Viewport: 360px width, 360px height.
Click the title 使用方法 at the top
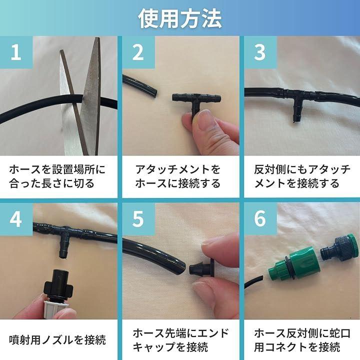(x=180, y=18)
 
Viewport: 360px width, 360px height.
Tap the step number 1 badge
(x=16, y=52)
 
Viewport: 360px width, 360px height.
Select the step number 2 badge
(x=138, y=52)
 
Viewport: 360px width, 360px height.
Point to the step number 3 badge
(x=260, y=52)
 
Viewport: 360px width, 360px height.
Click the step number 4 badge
(x=16, y=219)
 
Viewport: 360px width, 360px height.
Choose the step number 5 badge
(x=138, y=219)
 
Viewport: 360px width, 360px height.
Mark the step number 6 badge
(x=260, y=219)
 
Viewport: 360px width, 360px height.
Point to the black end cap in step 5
(x=202, y=268)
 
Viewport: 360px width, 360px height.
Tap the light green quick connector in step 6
(x=295, y=263)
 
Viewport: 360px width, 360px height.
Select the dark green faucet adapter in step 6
(x=340, y=247)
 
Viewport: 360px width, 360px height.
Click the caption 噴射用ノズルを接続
(x=57, y=339)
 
